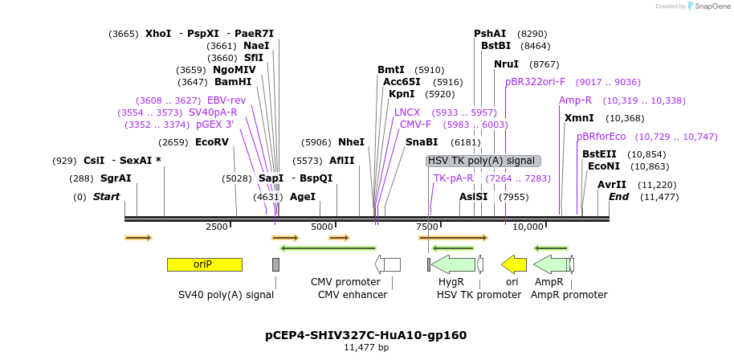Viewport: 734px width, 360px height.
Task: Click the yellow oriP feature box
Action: click(204, 264)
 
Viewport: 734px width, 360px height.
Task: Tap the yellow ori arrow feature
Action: click(514, 264)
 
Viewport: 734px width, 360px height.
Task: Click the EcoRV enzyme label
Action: click(212, 142)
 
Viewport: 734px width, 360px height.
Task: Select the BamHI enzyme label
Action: click(233, 82)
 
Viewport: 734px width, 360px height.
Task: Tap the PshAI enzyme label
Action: click(490, 34)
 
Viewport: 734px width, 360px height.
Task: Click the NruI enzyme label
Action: click(507, 64)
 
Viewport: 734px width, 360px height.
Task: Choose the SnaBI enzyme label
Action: click(422, 142)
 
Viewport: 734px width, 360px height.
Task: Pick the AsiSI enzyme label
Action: click(474, 197)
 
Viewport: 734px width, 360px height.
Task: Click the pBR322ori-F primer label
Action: click(536, 82)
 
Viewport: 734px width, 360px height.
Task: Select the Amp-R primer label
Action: click(575, 100)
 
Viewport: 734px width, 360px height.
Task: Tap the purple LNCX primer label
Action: click(407, 112)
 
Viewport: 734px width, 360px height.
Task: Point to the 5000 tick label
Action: click(322, 227)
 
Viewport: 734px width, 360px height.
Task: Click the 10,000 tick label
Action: click(528, 227)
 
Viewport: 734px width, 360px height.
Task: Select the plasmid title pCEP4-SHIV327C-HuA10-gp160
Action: click(366, 335)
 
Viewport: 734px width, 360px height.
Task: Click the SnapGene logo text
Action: click(712, 6)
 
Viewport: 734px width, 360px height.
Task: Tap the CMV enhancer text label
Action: click(353, 295)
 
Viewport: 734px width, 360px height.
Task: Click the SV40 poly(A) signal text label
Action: click(226, 295)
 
